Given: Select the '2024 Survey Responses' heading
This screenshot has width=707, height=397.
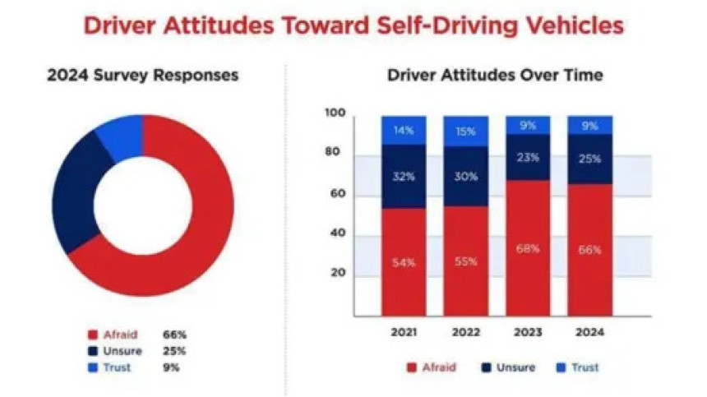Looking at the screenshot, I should pyautogui.click(x=143, y=76).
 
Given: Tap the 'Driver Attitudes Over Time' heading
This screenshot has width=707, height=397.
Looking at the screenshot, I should pyautogui.click(x=495, y=76).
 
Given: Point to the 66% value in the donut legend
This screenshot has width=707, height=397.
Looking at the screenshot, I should pyautogui.click(x=174, y=335).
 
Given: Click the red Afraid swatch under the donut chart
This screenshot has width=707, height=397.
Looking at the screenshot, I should pyautogui.click(x=92, y=335).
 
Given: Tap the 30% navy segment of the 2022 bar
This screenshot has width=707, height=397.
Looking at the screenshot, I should pyautogui.click(x=465, y=176).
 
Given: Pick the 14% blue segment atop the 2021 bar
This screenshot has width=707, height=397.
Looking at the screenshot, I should pyautogui.click(x=403, y=131).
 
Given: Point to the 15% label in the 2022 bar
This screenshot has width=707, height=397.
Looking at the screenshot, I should pyautogui.click(x=465, y=132).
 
